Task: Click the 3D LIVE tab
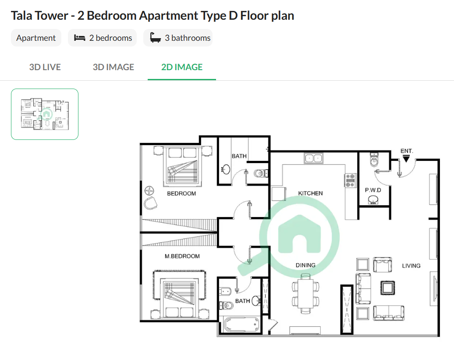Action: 45,67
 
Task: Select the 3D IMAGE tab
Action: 113,67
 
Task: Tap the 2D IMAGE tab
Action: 182,67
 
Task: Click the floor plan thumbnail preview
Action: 45,114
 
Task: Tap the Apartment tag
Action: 36,38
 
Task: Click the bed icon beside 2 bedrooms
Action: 79,38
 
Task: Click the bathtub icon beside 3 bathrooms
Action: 156,38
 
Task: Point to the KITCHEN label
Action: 310,193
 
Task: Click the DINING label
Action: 305,265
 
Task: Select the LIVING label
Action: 411,266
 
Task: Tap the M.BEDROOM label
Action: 182,256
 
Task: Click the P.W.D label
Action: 373,190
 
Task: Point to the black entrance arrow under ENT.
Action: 406,159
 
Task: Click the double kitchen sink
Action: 314,158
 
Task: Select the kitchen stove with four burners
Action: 350,180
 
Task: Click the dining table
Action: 306,293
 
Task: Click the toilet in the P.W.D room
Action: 374,160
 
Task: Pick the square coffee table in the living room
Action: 387,288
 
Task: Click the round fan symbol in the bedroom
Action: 149,191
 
